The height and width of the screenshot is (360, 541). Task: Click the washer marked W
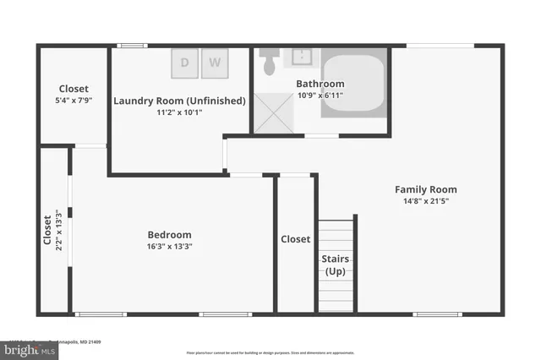[216, 62]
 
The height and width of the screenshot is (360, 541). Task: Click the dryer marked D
[186, 62]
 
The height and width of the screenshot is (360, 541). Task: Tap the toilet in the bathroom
[270, 62]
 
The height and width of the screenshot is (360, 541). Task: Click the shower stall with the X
[273, 113]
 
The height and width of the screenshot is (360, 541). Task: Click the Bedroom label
[169, 235]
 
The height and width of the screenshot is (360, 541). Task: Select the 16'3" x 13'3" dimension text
[169, 247]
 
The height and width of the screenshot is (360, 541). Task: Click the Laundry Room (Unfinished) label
[179, 101]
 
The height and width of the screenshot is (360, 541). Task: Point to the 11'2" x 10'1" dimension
[179, 112]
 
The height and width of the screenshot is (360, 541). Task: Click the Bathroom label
[320, 84]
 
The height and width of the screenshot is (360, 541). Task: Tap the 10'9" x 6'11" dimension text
[320, 95]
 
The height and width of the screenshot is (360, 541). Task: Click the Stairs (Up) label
[336, 265]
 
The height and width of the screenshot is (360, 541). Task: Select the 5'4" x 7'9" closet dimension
[74, 101]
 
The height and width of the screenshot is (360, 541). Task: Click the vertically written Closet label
[47, 228]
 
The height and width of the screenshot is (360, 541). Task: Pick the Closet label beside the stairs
[295, 239]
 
